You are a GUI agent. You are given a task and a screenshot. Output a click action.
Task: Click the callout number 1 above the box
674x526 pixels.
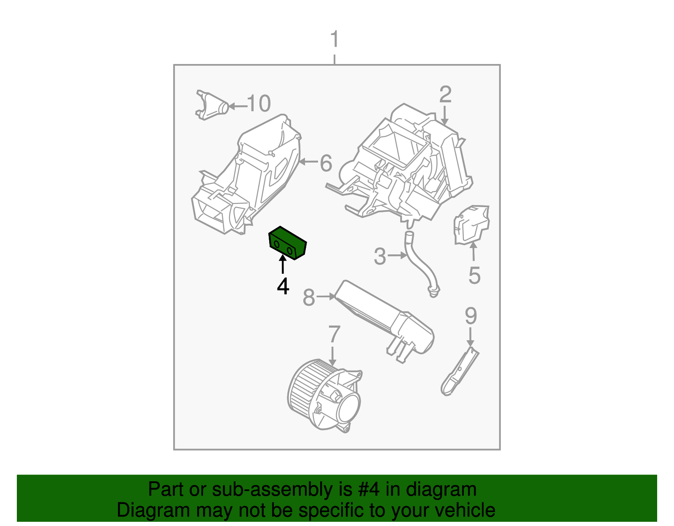coord(335,40)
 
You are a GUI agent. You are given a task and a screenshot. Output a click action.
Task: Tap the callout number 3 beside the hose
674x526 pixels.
coord(380,256)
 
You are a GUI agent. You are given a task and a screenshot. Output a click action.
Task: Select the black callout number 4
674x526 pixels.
coord(283,286)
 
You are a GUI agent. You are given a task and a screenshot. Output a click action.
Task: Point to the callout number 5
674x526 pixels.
coord(474,275)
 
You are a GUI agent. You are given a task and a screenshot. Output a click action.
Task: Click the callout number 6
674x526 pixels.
coord(326,163)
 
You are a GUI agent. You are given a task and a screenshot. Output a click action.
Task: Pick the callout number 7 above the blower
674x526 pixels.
coord(334,335)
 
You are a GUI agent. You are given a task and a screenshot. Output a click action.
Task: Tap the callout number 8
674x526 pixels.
coord(309,298)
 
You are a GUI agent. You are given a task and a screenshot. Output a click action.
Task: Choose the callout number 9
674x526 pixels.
coord(471,316)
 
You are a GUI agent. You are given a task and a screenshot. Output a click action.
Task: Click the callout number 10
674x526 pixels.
coord(259,104)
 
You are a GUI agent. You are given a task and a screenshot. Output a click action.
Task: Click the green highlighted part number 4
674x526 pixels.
coord(288,243)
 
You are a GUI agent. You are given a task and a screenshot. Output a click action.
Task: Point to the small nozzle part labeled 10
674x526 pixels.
coord(213,105)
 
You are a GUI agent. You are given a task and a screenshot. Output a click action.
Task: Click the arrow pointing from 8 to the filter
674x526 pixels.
coord(326,297)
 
